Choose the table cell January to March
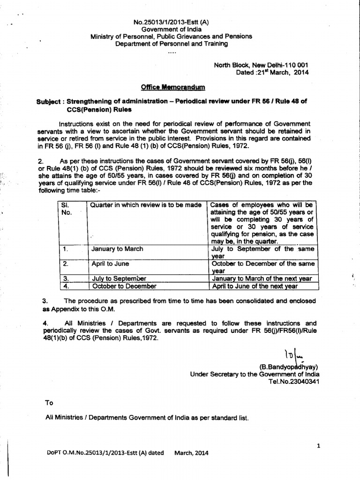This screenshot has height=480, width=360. pyautogui.click(x=118, y=249)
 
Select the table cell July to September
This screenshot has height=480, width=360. pyautogui.click(x=120, y=278)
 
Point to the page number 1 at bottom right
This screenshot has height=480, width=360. pyautogui.click(x=318, y=446)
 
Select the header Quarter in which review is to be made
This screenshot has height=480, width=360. pyautogui.click(x=147, y=205)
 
